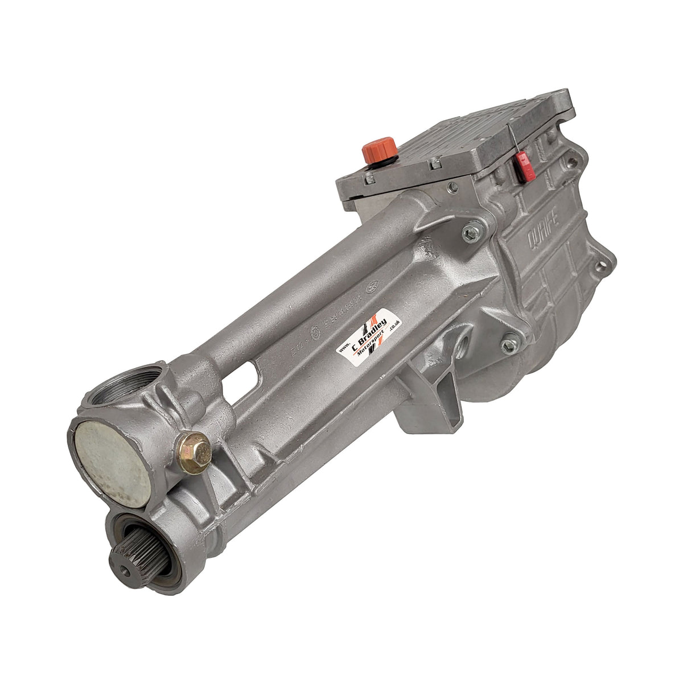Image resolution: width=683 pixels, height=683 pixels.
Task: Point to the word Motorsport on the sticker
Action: click(x=372, y=345)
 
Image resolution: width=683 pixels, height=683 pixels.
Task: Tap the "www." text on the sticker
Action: click(x=344, y=348)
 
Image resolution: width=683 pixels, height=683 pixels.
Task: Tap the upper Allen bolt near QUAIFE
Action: click(x=471, y=232)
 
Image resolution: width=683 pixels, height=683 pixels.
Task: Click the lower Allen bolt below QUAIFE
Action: click(x=510, y=344)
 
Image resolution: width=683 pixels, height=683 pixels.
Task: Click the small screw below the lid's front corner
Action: click(x=453, y=186)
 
